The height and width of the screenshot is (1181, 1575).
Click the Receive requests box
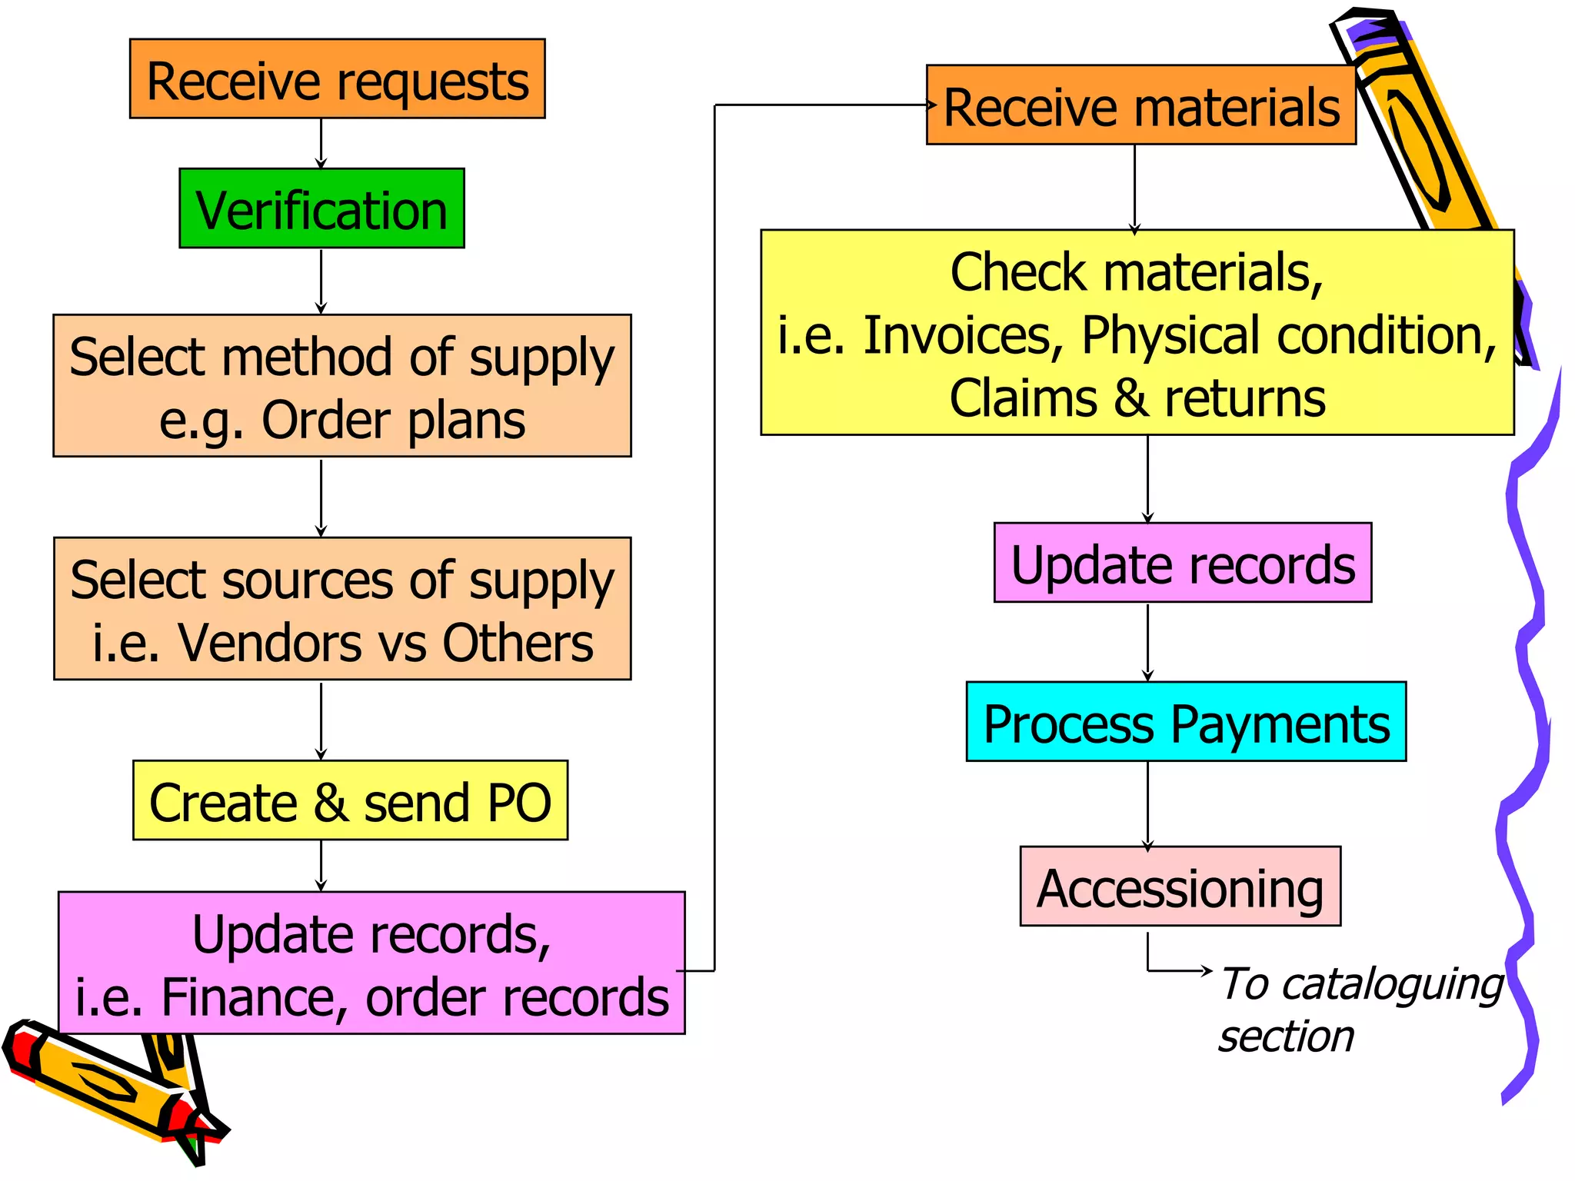pos(337,79)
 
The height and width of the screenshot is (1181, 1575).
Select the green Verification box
pos(321,208)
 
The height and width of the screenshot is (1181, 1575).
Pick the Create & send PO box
pos(350,800)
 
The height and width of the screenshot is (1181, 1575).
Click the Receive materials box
pos(1140,105)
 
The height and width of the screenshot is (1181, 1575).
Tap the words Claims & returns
pos(1137,399)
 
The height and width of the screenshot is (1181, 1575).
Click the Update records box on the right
pos(1182,563)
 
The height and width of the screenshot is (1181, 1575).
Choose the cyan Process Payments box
pos(1186,721)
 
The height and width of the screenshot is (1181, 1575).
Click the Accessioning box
pos(1180,887)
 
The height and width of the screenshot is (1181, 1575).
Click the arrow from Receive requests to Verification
pos(321,144)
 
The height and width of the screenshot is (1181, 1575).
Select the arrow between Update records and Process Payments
pos(1147,642)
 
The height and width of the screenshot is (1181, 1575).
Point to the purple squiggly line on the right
pos(1527,692)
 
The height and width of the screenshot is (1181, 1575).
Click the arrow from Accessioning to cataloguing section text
pos(1177,970)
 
